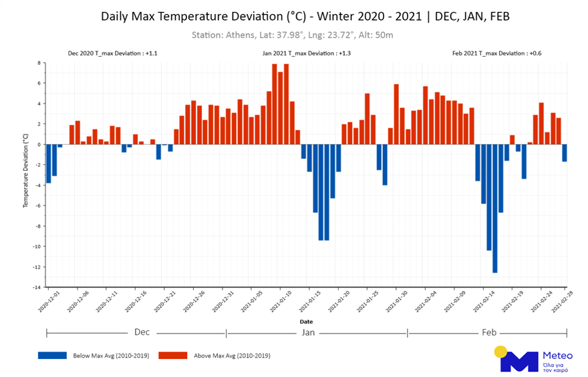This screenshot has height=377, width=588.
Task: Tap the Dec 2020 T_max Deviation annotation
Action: tap(113, 53)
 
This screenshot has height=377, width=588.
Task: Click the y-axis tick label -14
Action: tap(38, 288)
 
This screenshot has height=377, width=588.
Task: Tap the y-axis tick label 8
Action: tap(39, 63)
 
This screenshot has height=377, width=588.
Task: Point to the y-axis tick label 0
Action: tap(39, 144)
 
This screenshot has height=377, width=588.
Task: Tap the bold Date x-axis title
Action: tap(306, 322)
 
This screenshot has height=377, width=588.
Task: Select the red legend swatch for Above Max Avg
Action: tap(172, 355)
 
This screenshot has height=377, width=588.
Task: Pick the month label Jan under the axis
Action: tap(308, 332)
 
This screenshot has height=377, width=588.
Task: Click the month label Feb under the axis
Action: tap(488, 332)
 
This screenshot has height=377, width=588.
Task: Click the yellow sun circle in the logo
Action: tap(500, 352)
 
